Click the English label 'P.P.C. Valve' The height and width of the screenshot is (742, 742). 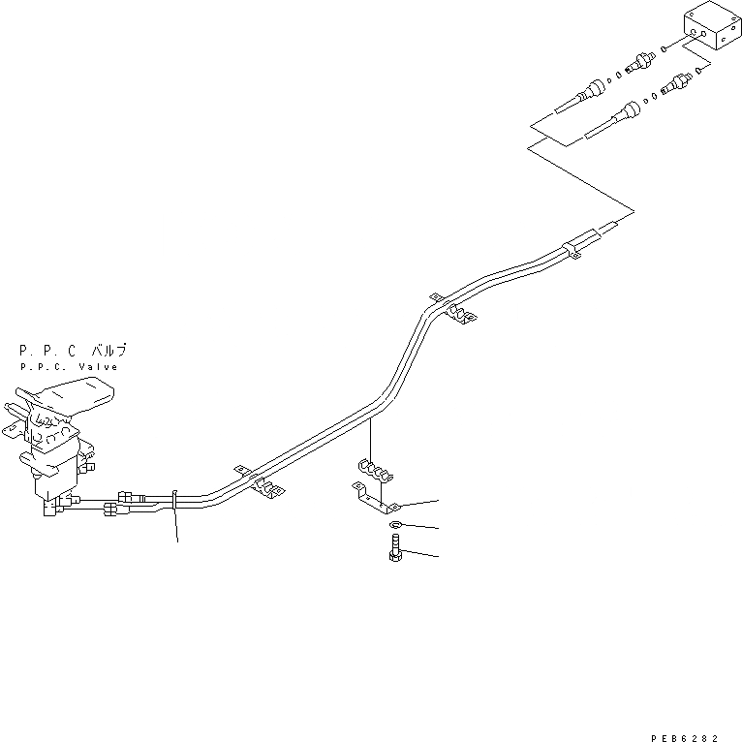tap(68, 367)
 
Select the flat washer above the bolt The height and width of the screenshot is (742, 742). tap(396, 526)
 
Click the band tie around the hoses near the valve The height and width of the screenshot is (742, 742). tap(174, 499)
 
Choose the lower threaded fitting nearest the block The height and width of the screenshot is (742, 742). tap(675, 85)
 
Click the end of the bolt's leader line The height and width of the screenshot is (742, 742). tap(436, 556)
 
